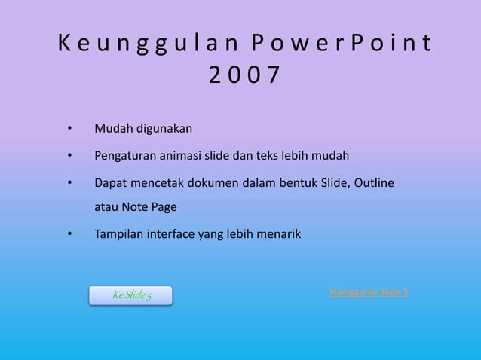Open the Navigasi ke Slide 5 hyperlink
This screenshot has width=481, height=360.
(x=369, y=292)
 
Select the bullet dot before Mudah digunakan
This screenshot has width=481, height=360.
(x=70, y=129)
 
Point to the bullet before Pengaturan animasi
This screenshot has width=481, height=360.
(x=70, y=157)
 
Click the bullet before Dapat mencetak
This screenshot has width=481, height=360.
(x=70, y=183)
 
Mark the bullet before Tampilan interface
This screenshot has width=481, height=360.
(x=70, y=235)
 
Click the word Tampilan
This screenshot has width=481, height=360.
(x=118, y=235)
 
